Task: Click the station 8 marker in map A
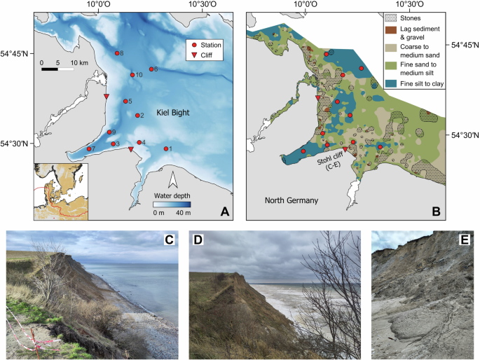[x=117, y=53]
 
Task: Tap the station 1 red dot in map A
[x=166, y=148]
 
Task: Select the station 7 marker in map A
[x=87, y=149]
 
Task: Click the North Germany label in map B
[x=292, y=201]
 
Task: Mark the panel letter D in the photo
[x=198, y=241]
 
